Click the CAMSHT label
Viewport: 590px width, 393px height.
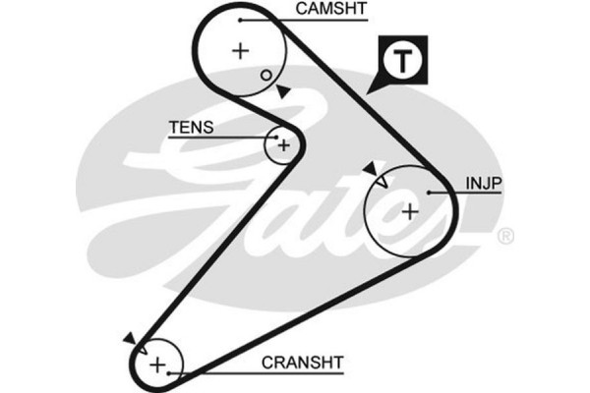(330, 11)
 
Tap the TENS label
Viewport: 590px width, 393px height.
(190, 128)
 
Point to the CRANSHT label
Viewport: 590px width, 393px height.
(303, 363)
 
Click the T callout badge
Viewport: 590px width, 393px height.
(403, 62)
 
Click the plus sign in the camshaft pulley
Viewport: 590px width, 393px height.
(241, 51)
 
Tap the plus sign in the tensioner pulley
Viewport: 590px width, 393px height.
(283, 146)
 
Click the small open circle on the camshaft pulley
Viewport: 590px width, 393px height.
(265, 74)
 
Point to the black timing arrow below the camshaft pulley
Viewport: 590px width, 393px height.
(283, 91)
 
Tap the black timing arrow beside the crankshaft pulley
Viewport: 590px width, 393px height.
(130, 337)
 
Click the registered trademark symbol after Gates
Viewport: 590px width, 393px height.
(504, 236)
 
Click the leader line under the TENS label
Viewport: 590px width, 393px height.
(221, 138)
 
